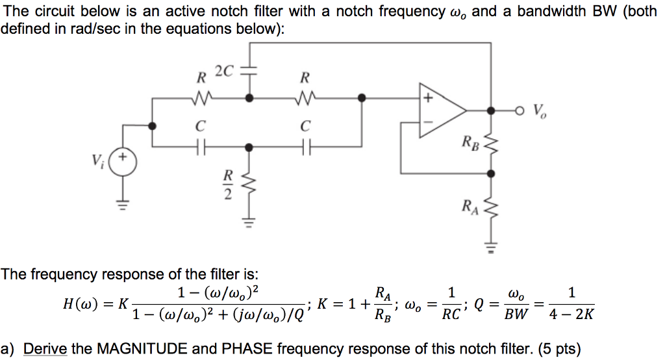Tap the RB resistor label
pos(470,142)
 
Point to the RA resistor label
pos(470,207)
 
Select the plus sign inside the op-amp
pos(428,99)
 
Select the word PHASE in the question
pos(249,349)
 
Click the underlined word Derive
pos(45,349)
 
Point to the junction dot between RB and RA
pos(491,174)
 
